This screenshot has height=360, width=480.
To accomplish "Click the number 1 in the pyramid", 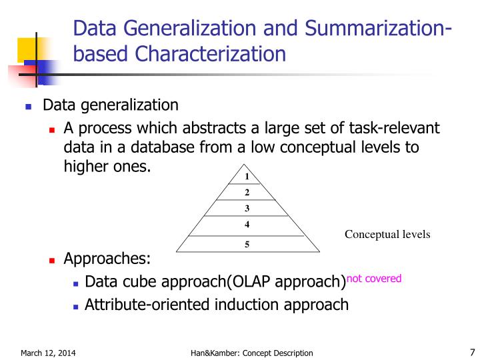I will (x=247, y=177).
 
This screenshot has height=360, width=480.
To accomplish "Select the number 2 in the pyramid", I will (x=247, y=193).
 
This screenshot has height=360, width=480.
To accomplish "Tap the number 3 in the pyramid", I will (x=247, y=208).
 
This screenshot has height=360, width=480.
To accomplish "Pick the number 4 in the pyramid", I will (x=247, y=224).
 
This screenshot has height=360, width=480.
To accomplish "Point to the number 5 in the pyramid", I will (x=247, y=244).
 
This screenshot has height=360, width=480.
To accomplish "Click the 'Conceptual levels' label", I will (x=387, y=234).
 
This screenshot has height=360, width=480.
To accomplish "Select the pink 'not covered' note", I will (x=374, y=279).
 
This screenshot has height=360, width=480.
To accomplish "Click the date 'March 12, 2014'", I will (x=48, y=353).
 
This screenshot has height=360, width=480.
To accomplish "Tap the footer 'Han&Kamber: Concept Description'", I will (x=247, y=353).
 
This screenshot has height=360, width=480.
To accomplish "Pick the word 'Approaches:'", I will (x=107, y=259).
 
